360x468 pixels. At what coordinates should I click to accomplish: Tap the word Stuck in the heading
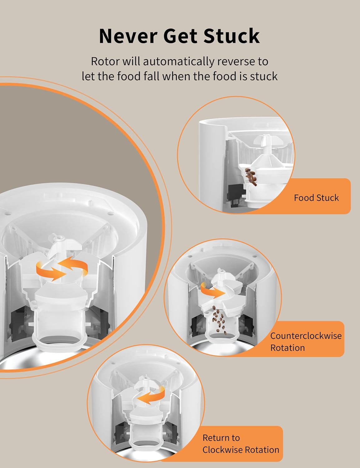point(231,36)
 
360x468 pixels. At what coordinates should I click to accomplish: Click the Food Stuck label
point(316,198)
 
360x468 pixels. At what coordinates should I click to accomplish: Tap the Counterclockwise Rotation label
point(305,342)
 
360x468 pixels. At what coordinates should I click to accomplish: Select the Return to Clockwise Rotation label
point(240,444)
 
